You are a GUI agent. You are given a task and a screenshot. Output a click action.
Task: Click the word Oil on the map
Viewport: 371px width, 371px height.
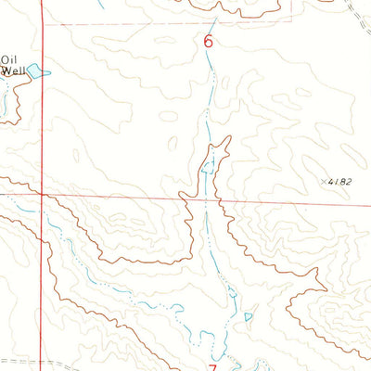pos(9,57)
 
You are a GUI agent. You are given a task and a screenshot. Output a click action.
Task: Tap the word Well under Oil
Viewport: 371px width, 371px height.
pos(13,69)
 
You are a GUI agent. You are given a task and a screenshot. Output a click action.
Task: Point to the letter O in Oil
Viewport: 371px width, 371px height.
pos(6,57)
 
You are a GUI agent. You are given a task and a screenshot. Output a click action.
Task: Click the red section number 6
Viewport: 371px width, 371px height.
pos(208,42)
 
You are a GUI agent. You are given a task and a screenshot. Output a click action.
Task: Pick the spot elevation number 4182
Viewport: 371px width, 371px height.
pos(340,183)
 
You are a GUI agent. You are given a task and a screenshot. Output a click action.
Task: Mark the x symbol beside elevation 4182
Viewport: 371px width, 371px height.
pos(324,183)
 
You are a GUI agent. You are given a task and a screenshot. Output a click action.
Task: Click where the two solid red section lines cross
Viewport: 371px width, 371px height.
pos(42,195)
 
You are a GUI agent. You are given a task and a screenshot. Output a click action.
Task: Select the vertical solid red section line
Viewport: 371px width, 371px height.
pos(42,111)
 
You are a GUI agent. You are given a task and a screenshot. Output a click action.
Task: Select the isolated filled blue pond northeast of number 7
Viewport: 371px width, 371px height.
pos(248,318)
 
